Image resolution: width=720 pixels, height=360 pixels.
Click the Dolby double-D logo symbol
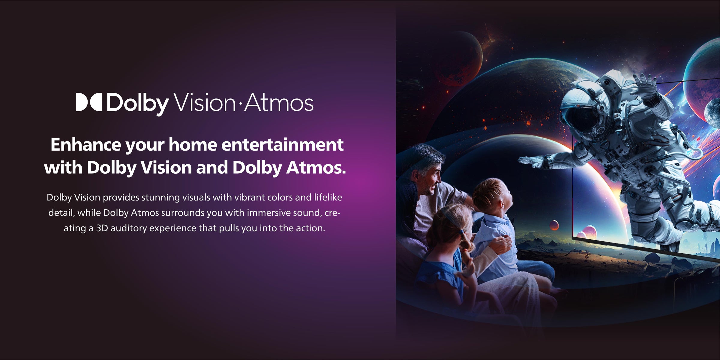[x=89, y=102]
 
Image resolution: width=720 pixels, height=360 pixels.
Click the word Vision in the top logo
[x=205, y=103]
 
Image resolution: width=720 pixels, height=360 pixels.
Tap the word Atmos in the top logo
[x=279, y=103]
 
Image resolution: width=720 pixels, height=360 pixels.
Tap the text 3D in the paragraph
[x=102, y=228]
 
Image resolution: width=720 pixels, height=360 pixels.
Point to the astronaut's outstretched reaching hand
[x=532, y=162]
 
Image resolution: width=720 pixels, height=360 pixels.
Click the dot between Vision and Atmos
[x=240, y=103]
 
